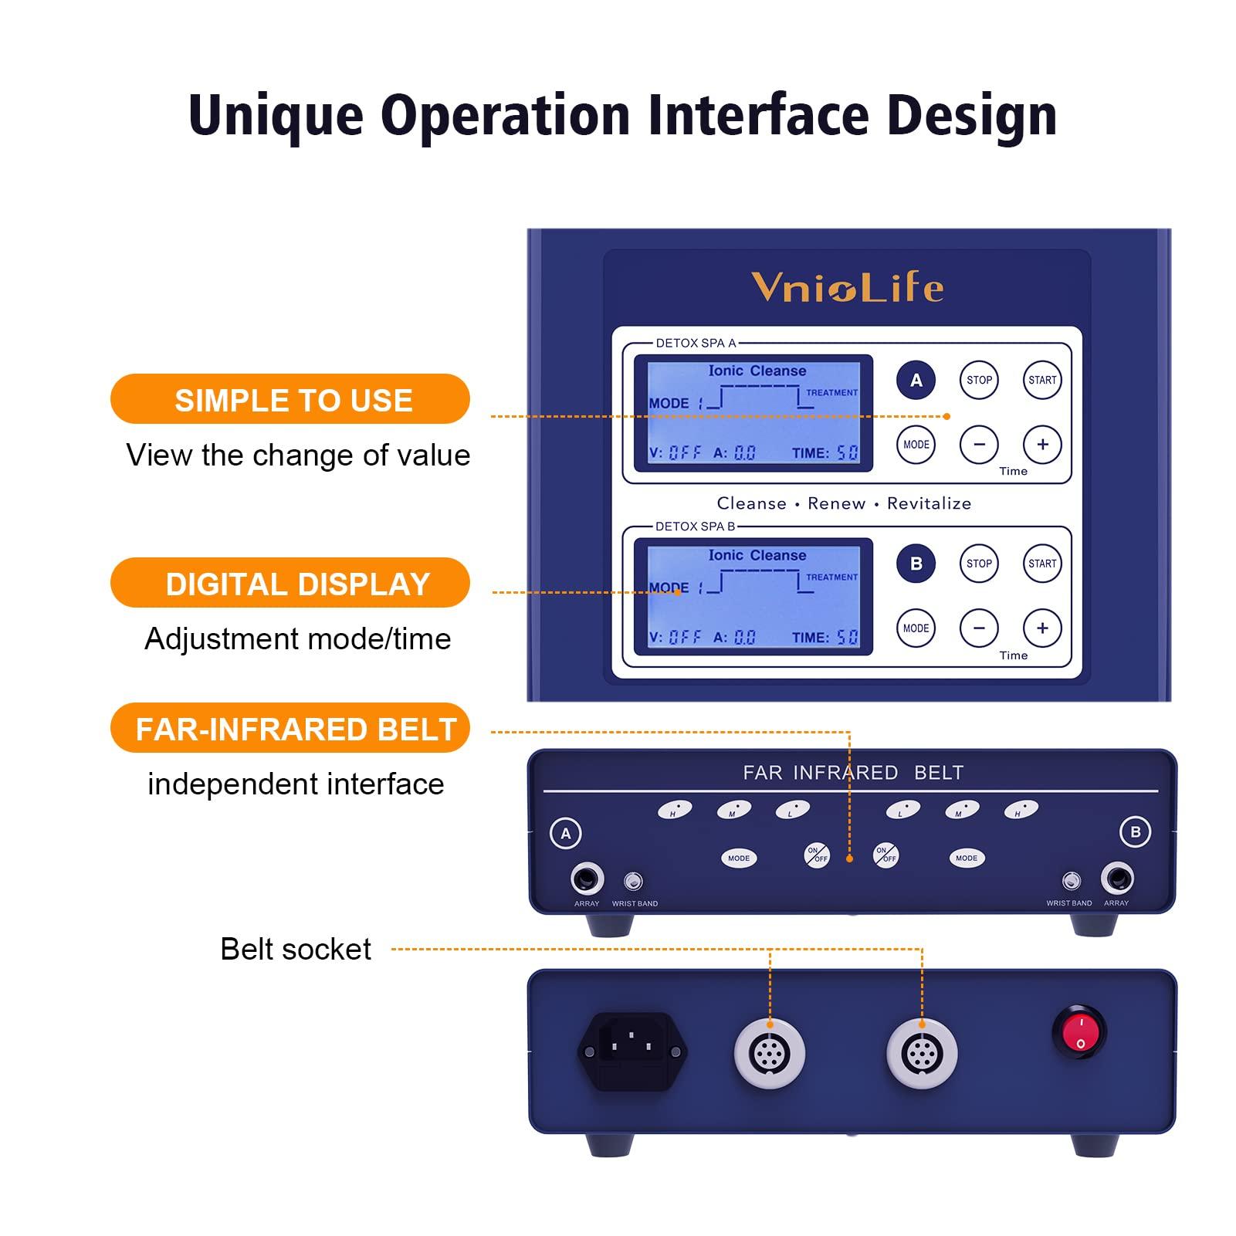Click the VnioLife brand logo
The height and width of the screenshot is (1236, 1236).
[x=847, y=287]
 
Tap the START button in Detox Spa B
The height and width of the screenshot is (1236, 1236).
[x=1041, y=564]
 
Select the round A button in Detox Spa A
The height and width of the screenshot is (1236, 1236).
[x=916, y=380]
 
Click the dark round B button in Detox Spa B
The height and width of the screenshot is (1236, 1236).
[x=916, y=564]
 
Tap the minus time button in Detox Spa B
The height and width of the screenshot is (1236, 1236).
[x=979, y=628]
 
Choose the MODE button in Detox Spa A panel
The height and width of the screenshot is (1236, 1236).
[x=916, y=445]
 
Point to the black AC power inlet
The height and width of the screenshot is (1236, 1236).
[x=632, y=1051]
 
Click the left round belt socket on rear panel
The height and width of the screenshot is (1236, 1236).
[x=769, y=1054]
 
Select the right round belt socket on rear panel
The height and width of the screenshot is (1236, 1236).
[x=922, y=1054]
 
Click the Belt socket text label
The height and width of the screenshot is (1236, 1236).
[x=295, y=949]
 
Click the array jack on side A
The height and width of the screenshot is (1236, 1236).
[x=587, y=879]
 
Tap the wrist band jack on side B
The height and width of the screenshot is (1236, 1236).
[x=1070, y=880]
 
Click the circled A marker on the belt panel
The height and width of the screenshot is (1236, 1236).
[x=566, y=834]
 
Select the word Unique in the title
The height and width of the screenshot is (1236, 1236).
[x=276, y=116]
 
